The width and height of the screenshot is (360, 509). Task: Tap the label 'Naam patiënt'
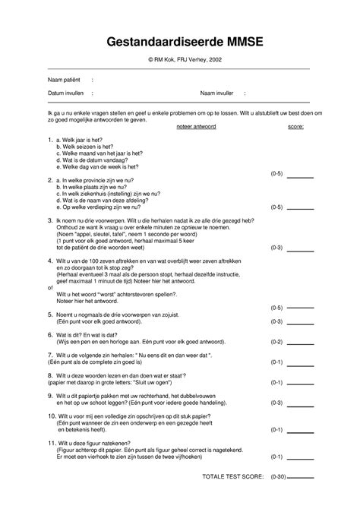pyautogui.click(x=65, y=79)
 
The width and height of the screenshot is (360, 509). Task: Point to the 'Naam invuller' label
pyautogui.click(x=218, y=93)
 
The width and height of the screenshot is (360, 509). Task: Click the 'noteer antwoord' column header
pyautogui.click(x=196, y=128)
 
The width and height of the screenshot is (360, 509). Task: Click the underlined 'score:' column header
pyautogui.click(x=295, y=128)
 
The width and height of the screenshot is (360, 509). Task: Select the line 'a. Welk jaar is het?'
pyautogui.click(x=84, y=141)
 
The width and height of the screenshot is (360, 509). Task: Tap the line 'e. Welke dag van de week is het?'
pyautogui.click(x=99, y=166)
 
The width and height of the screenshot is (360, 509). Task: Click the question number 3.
pyautogui.click(x=49, y=220)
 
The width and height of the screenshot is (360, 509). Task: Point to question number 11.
pyautogui.click(x=50, y=441)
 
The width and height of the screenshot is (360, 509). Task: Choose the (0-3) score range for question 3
pyautogui.click(x=276, y=247)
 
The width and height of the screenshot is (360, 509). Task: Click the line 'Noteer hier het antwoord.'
pyautogui.click(x=90, y=302)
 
